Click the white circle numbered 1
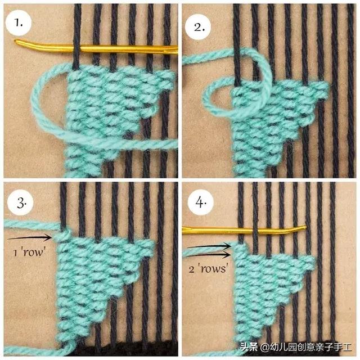coord(19,23)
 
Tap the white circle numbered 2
coord(199,27)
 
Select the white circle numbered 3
coord(20,202)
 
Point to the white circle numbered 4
coord(201,202)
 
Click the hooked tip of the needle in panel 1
coord(16,41)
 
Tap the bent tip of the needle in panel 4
coord(305,228)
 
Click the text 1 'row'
coord(29,253)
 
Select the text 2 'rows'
coord(209,268)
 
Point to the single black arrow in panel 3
coord(30,237)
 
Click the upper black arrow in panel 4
coord(209,246)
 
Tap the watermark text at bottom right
coord(296,347)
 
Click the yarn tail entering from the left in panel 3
coord(32,225)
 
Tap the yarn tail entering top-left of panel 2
coord(206,56)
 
